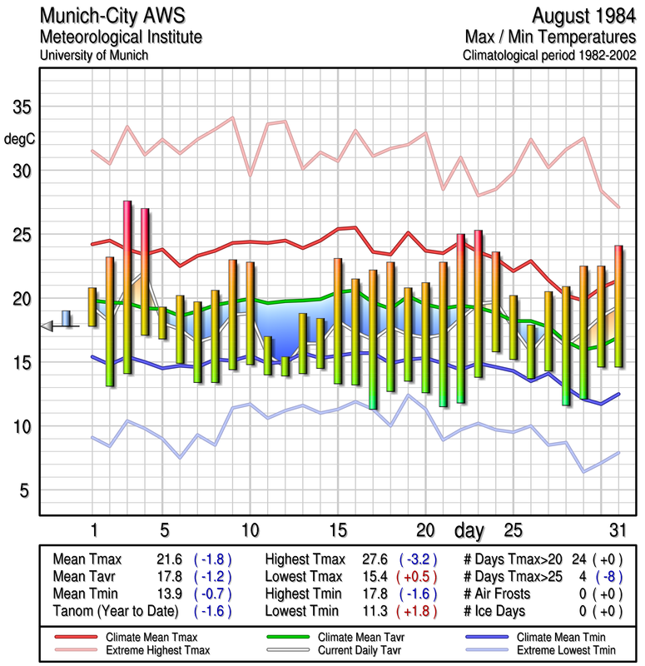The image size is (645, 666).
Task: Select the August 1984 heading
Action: [x=581, y=16]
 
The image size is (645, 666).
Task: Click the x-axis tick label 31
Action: [x=616, y=529]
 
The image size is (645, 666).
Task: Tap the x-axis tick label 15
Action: [x=337, y=529]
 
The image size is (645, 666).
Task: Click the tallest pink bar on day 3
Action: [x=127, y=286]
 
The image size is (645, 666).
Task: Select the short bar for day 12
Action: [x=285, y=365]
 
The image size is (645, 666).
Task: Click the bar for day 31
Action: [x=618, y=306]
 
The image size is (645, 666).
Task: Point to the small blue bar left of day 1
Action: [x=66, y=318]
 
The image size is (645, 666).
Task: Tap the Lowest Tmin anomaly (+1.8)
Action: [x=420, y=610]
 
